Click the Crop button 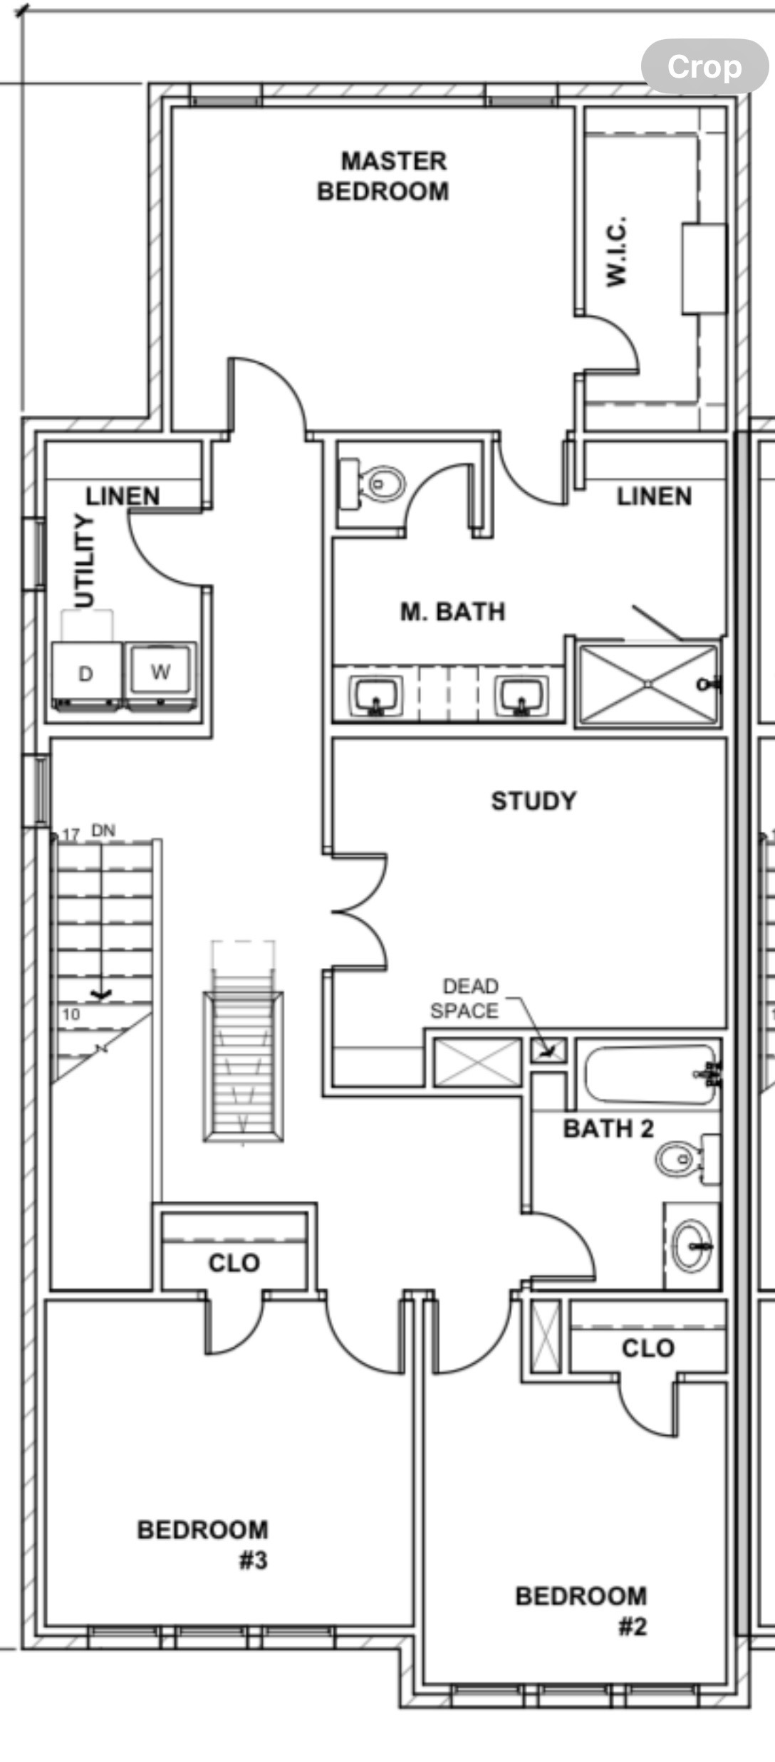click(x=704, y=67)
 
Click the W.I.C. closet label click(x=617, y=251)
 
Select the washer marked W click(x=160, y=672)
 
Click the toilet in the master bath click(x=378, y=484)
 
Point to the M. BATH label click(x=452, y=612)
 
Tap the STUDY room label click(x=534, y=801)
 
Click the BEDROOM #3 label click(x=203, y=1544)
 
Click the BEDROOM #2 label click(x=581, y=1610)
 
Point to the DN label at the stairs click(x=103, y=830)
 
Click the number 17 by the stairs click(x=71, y=834)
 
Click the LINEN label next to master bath click(x=654, y=496)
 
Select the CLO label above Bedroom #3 click(x=234, y=1263)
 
